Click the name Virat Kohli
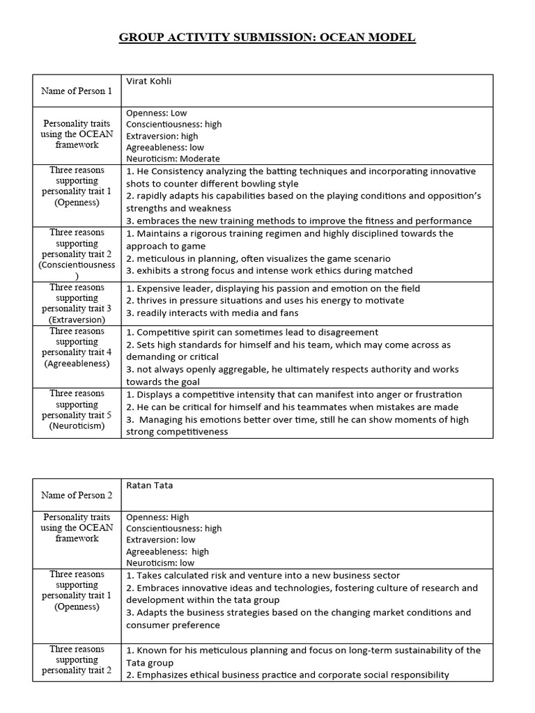pyautogui.click(x=148, y=81)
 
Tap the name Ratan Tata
pyautogui.click(x=148, y=485)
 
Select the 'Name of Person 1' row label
pyautogui.click(x=77, y=91)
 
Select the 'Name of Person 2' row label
pyautogui.click(x=77, y=496)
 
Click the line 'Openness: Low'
pyautogui.click(x=157, y=113)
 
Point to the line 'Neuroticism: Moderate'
pyautogui.click(x=173, y=159)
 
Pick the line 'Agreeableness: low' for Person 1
pyautogui.click(x=165, y=148)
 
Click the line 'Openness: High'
pyautogui.click(x=158, y=517)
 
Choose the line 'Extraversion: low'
pyautogui.click(x=161, y=540)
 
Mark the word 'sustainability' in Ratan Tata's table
pyautogui.click(x=416, y=650)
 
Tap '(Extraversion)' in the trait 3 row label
pyautogui.click(x=77, y=320)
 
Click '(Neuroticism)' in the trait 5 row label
pyautogui.click(x=77, y=425)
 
